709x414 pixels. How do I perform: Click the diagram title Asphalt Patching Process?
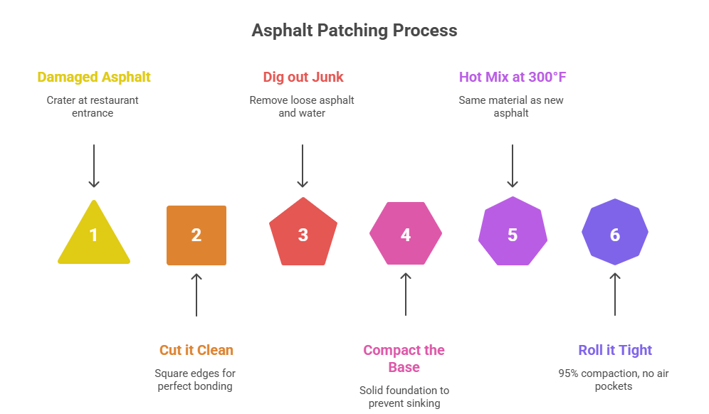pos(354,31)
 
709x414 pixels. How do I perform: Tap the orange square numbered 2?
pos(196,235)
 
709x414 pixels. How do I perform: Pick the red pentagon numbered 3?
pos(303,233)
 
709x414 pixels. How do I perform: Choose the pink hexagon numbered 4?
pos(406,234)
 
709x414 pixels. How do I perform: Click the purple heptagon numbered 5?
pos(513,233)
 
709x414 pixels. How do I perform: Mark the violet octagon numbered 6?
pos(615,233)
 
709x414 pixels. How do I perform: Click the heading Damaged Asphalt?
pos(93,77)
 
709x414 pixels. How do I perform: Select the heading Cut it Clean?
pos(196,350)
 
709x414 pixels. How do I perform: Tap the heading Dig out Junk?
pos(303,77)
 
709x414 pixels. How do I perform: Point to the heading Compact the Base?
pos(404,359)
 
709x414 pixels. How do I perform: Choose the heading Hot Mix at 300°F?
pos(512,77)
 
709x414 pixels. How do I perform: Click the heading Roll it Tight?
pos(615,350)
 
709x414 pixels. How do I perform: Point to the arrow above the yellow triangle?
pos(94,166)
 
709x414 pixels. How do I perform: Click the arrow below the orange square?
pos(197,294)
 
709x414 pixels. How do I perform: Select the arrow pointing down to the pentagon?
pos(303,166)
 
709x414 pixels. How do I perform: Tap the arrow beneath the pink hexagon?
pos(406,294)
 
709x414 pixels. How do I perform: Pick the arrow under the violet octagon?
pos(615,294)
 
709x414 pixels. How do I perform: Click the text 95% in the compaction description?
pos(569,373)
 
